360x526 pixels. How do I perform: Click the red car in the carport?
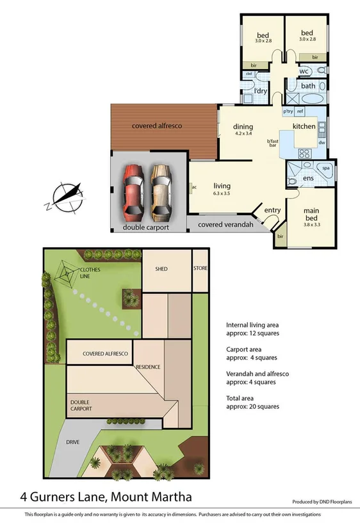(133, 190)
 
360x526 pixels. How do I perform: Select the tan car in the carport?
(161, 190)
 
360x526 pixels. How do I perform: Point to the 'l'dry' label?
(260, 91)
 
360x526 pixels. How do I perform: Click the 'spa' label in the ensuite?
(325, 168)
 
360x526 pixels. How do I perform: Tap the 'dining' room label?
(243, 126)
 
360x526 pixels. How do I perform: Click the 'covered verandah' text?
(225, 225)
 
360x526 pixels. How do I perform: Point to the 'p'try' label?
(288, 111)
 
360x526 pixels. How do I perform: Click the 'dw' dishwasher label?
(322, 143)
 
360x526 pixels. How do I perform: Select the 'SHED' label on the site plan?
(161, 268)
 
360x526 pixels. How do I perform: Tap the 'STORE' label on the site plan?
(200, 268)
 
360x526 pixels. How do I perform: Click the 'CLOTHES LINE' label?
(90, 273)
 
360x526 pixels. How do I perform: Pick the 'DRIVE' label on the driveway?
(72, 441)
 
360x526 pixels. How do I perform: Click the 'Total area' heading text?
(242, 397)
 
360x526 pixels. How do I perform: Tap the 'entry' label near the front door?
(272, 210)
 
